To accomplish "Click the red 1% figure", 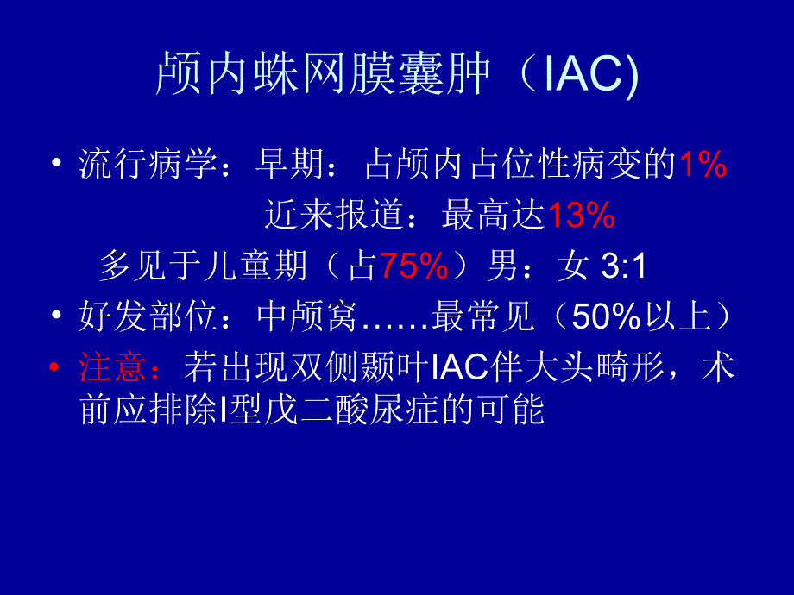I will pos(702,166).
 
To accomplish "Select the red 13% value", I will pos(581,216).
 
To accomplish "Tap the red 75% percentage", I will pos(413,267).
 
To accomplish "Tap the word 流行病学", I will pos(148,166).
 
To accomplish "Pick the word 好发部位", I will pos(148,318).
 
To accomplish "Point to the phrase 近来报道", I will pos(334,216).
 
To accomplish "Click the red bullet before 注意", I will pos(56,368).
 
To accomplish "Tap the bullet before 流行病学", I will pos(56,166).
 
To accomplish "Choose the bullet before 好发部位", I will pos(56,318).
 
